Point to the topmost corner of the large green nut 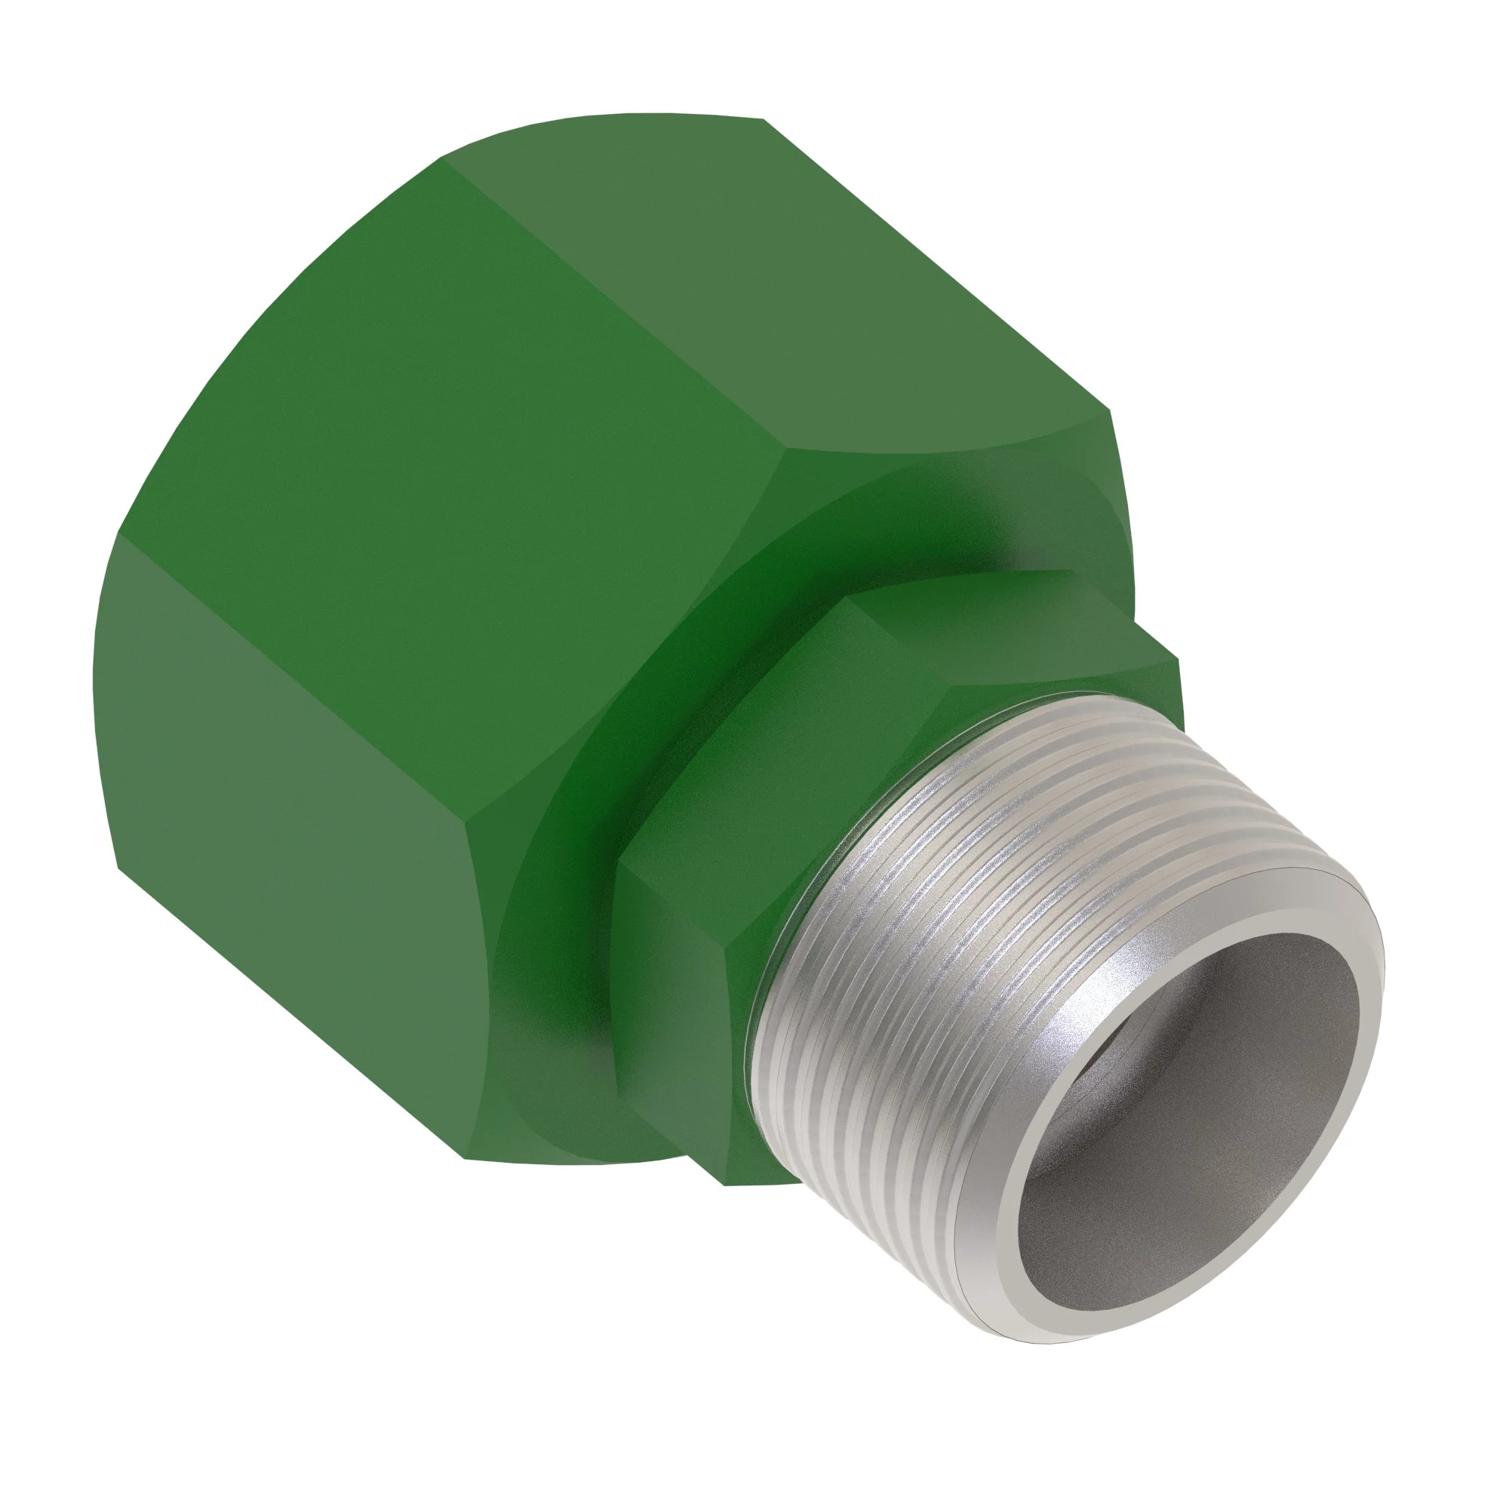coord(761,118)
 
